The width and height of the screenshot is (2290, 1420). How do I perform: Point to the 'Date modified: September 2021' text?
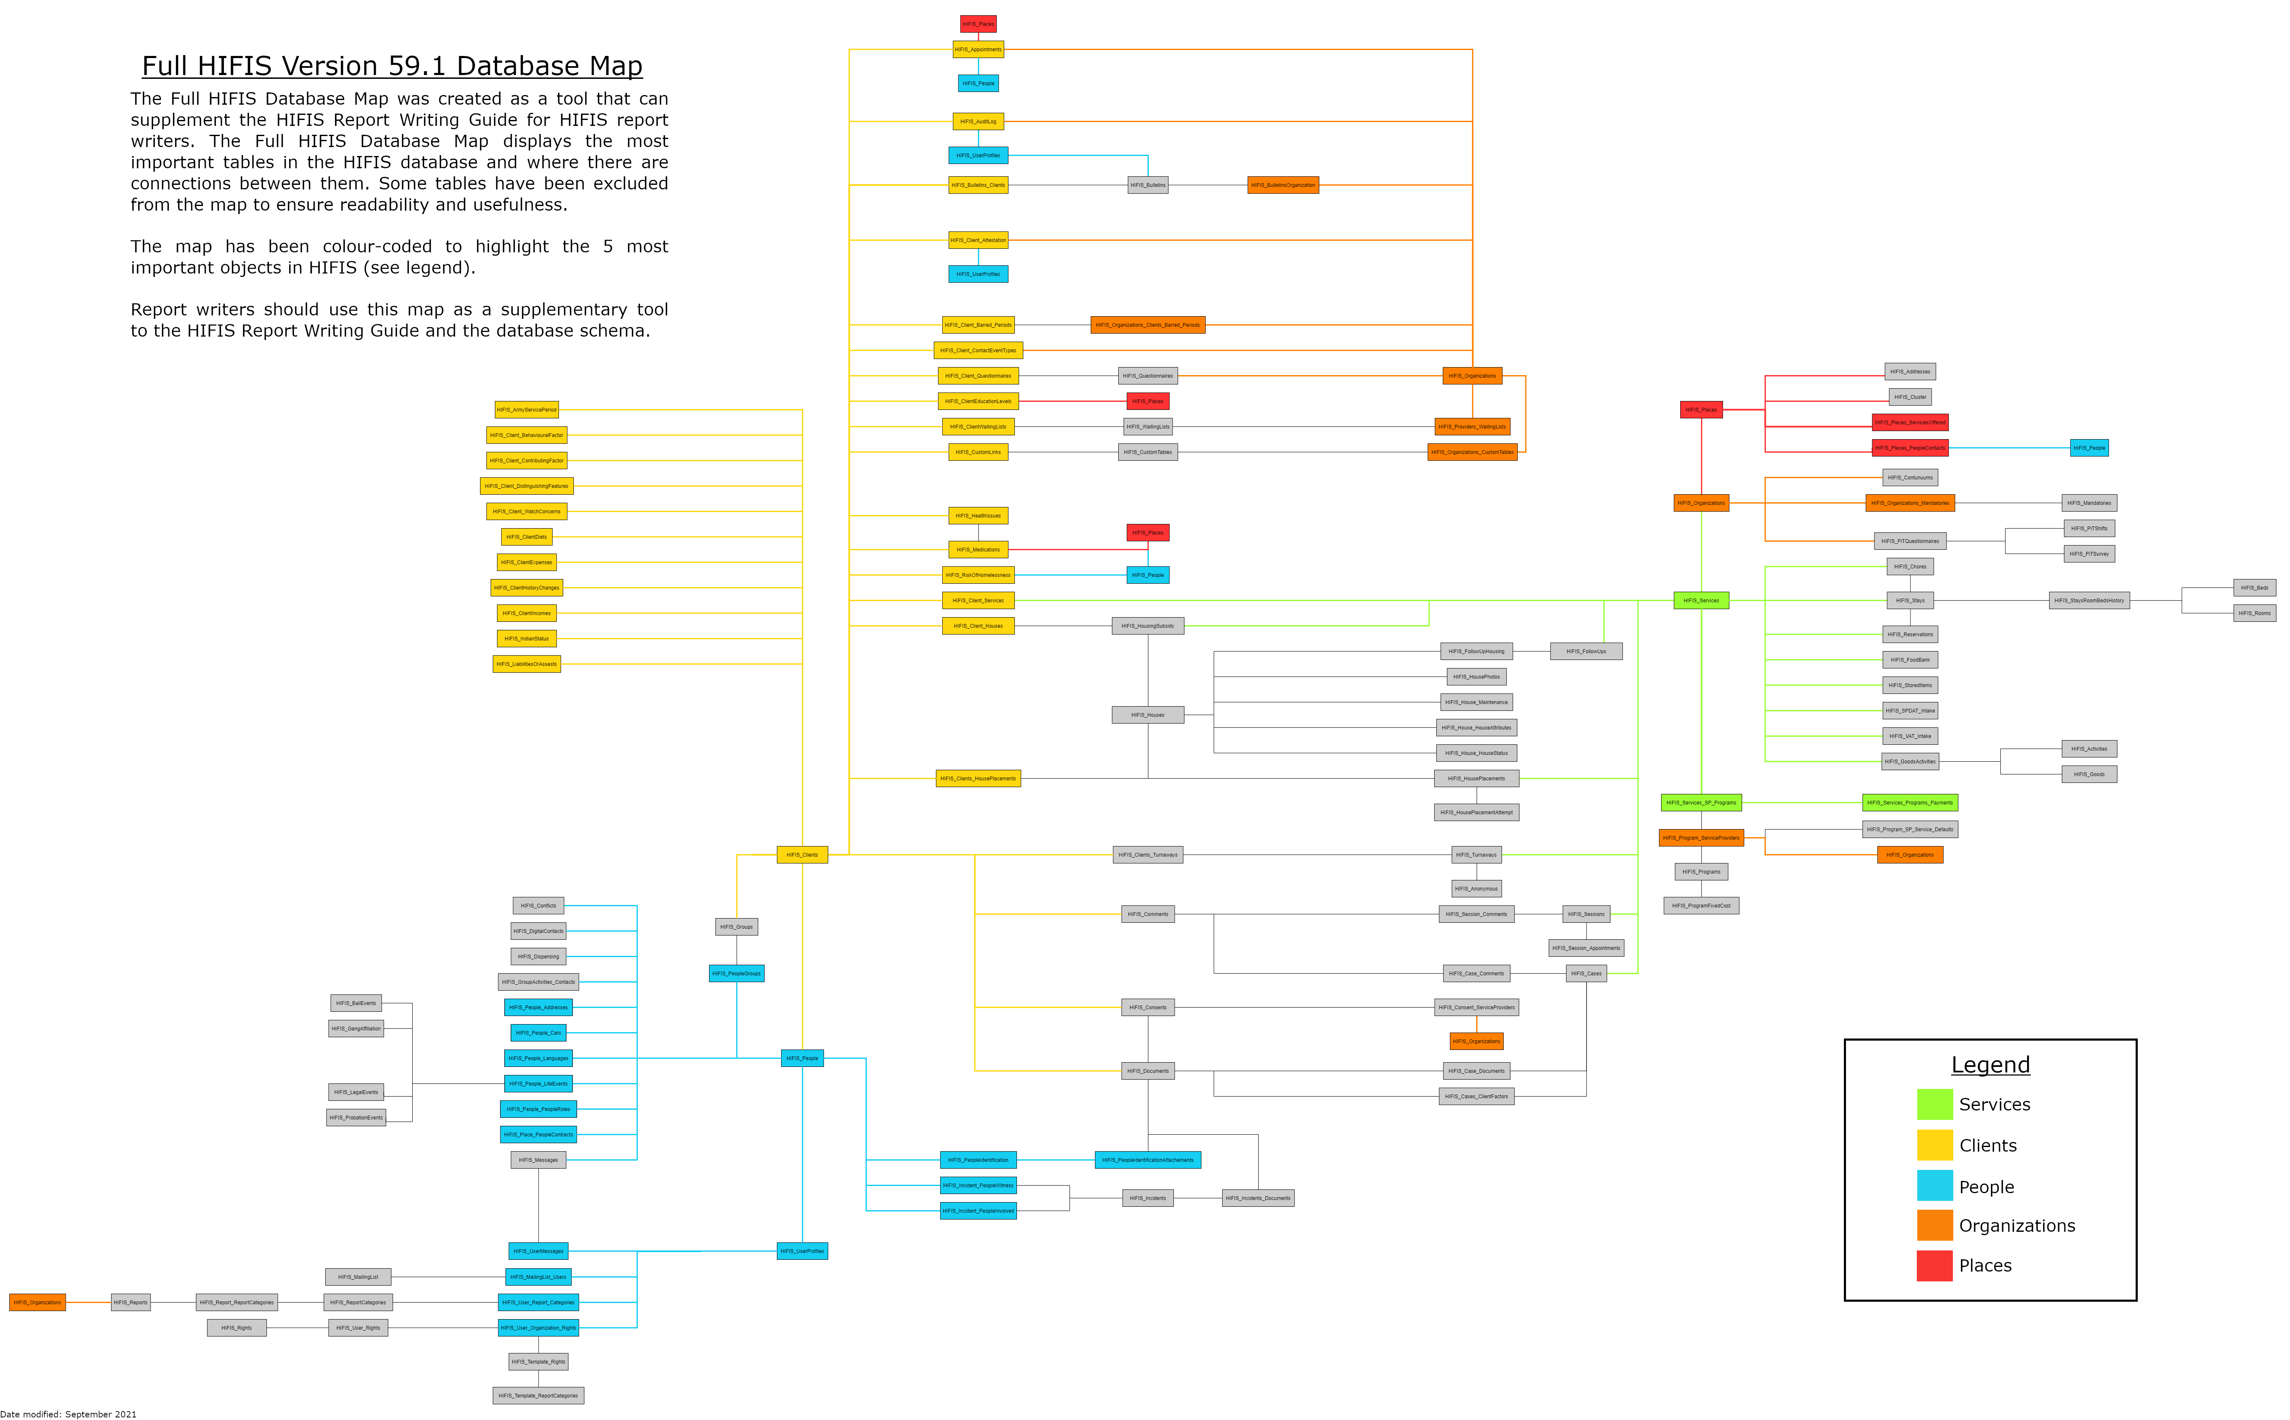(x=69, y=1413)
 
